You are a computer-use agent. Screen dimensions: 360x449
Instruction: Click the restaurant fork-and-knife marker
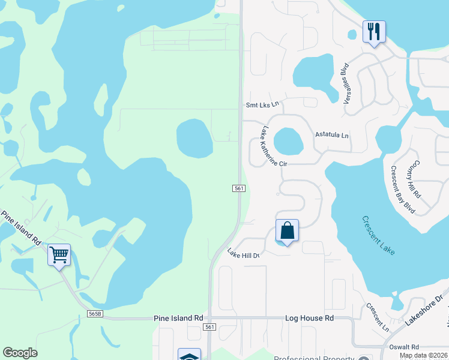[x=373, y=31]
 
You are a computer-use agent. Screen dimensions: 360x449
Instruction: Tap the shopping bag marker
[x=287, y=230]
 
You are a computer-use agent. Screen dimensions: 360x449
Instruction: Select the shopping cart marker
[x=59, y=255]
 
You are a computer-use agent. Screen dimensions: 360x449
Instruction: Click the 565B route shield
[x=95, y=314]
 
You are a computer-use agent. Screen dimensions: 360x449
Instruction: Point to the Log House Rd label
[x=309, y=318]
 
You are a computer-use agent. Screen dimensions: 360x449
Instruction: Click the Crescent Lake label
[x=378, y=235]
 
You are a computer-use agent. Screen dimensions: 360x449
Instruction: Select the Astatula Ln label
[x=332, y=136]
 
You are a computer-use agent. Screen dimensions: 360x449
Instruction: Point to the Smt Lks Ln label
[x=263, y=104]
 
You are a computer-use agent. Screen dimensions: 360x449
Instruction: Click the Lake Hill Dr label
[x=243, y=255]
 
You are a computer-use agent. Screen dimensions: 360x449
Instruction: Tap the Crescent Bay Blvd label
[x=403, y=190]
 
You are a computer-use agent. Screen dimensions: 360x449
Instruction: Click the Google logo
[x=20, y=353]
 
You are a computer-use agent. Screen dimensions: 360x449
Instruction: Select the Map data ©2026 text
[x=424, y=355]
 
